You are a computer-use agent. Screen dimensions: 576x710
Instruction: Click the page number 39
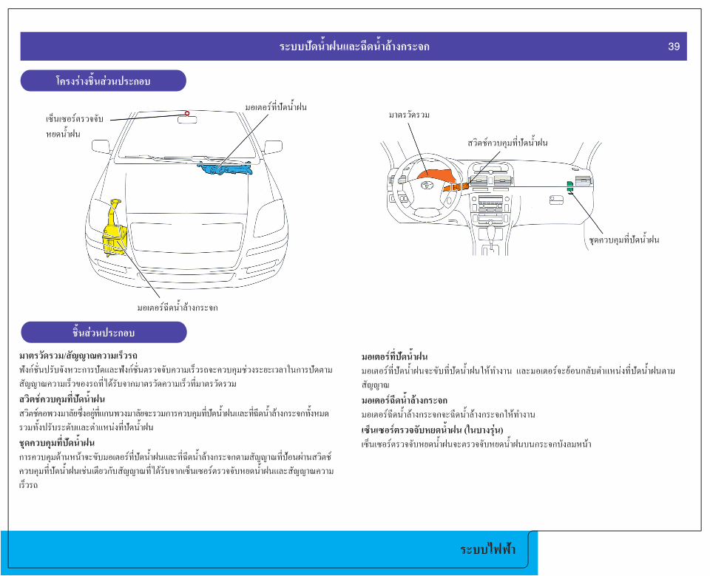tap(673, 47)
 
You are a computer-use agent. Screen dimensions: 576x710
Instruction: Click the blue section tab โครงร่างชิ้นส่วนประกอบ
tap(103, 81)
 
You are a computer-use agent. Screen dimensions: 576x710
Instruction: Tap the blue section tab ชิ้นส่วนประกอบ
tap(103, 332)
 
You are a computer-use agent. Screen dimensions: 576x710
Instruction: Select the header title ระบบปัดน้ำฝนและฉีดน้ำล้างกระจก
tap(354, 47)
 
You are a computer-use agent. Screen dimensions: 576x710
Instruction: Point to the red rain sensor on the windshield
tap(187, 114)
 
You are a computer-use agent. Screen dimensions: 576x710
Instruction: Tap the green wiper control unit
tap(569, 186)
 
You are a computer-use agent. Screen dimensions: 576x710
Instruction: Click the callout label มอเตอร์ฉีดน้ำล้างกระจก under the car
tap(177, 307)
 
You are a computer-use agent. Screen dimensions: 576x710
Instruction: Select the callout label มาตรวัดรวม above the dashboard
tap(409, 115)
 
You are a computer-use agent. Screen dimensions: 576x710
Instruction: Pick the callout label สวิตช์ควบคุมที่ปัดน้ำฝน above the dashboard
tap(507, 142)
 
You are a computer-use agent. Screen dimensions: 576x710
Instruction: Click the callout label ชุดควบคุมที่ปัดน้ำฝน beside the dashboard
tap(623, 240)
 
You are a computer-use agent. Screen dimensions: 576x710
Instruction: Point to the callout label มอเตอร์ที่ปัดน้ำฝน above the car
tap(275, 107)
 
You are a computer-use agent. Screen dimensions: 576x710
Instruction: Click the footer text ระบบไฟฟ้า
tap(488, 549)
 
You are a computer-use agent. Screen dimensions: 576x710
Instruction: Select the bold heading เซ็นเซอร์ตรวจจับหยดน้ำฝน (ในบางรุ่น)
tap(427, 430)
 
